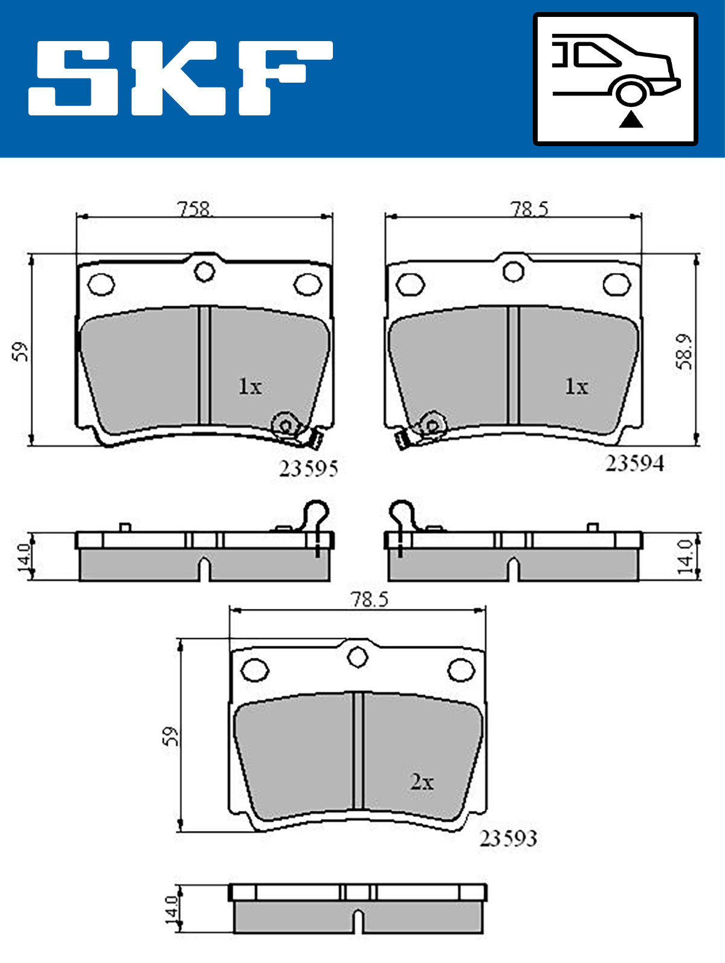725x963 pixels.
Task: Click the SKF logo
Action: coord(180,78)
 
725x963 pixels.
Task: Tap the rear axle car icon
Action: coord(616,79)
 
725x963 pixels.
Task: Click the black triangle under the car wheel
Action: coord(631,120)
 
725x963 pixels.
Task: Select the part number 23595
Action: coord(308,469)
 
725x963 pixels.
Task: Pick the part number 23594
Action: coord(634,463)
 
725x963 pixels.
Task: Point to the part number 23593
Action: coord(508,839)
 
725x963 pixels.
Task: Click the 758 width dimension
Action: coord(195,209)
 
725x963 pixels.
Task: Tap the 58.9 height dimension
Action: coord(684,352)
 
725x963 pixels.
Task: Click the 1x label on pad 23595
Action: coord(250,386)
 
